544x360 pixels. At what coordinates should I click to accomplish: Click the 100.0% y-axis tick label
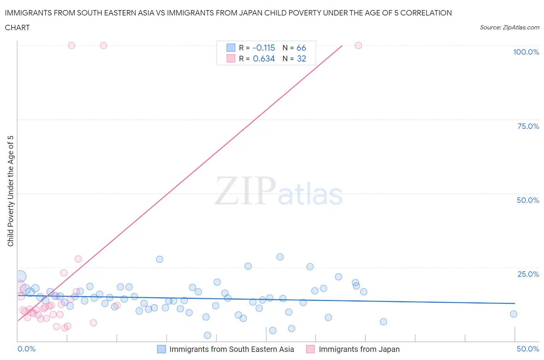pyautogui.click(x=526, y=52)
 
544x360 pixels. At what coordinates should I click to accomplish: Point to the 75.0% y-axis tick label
pyautogui.click(x=528, y=126)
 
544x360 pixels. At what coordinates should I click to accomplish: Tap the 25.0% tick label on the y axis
pyautogui.click(x=528, y=274)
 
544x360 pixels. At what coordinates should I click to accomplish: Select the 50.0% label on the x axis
pyautogui.click(x=528, y=349)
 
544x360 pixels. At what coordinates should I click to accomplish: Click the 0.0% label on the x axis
pyautogui.click(x=27, y=349)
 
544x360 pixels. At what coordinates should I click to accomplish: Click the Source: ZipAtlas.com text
pyautogui.click(x=509, y=27)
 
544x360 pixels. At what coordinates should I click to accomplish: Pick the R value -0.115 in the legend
pyautogui.click(x=263, y=48)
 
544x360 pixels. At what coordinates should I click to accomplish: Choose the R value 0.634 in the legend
pyautogui.click(x=263, y=58)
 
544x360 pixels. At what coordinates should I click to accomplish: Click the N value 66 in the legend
pyautogui.click(x=301, y=48)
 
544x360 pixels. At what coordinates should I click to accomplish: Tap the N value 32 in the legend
pyautogui.click(x=301, y=58)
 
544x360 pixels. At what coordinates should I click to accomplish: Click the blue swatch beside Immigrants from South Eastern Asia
pyautogui.click(x=161, y=349)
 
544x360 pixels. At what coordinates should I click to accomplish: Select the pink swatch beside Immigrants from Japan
pyautogui.click(x=310, y=349)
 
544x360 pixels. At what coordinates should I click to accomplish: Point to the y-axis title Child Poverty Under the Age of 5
pyautogui.click(x=10, y=191)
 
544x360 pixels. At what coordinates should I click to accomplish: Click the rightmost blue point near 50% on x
pyautogui.click(x=513, y=314)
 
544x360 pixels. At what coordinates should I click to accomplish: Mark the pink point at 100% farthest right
pyautogui.click(x=358, y=45)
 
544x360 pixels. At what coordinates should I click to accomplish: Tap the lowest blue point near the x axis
pyautogui.click(x=207, y=335)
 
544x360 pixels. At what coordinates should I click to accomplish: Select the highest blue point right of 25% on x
pyautogui.click(x=280, y=257)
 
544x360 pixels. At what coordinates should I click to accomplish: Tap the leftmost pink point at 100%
pyautogui.click(x=72, y=45)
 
